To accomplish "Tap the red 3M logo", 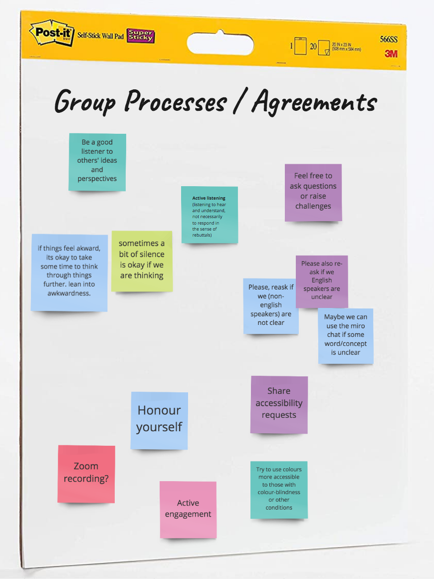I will [391, 53].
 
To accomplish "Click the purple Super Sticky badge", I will [141, 35].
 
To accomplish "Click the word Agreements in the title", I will [314, 102].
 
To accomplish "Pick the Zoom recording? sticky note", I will [86, 474].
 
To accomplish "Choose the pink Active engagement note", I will [188, 509].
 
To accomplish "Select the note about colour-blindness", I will [279, 489].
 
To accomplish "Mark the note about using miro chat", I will [346, 335].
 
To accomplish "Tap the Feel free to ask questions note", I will [313, 192].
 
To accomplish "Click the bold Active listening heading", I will [209, 198].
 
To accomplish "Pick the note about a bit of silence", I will [142, 261].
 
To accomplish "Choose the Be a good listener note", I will [97, 162].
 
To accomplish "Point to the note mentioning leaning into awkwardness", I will [69, 272].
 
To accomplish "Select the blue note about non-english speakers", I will [271, 305].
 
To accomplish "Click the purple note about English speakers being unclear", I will [322, 281].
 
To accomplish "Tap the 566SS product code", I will [388, 39].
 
